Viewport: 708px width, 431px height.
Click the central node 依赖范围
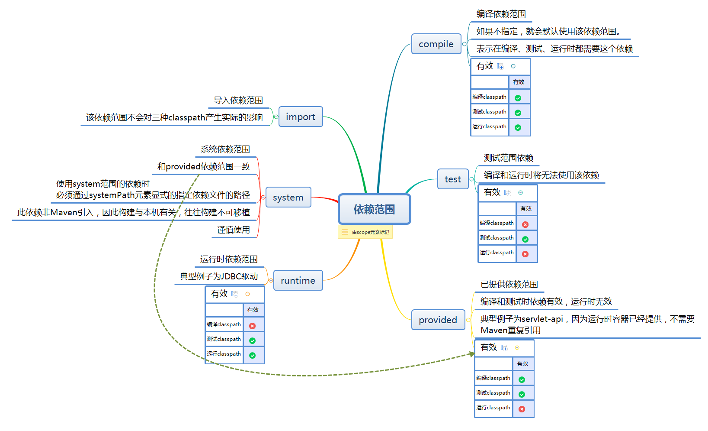pos(374,209)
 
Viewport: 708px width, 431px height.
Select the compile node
pos(436,44)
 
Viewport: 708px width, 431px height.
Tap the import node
pos(301,117)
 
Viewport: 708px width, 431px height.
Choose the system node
pos(288,197)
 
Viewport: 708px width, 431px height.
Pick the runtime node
pos(298,280)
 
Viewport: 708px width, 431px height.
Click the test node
pos(453,179)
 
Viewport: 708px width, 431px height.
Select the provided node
pos(438,320)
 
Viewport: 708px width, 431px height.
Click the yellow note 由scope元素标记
pos(365,232)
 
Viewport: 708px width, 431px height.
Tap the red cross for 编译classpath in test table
pos(525,224)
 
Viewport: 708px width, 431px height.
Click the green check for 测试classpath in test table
pos(525,239)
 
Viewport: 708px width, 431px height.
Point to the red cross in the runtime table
pos(252,326)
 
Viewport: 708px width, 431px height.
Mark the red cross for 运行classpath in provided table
pos(522,409)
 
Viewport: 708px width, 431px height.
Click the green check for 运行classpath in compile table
pos(518,127)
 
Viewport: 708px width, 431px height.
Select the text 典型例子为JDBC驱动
pos(219,276)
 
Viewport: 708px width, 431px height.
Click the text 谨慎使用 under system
pos(234,230)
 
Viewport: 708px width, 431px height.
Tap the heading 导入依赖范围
pos(238,100)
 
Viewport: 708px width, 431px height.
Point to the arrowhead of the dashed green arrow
pos(472,354)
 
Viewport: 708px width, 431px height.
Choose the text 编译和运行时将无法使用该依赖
pos(541,175)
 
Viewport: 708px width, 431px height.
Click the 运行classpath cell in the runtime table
pos(224,354)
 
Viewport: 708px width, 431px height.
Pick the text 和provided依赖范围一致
pos(204,166)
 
